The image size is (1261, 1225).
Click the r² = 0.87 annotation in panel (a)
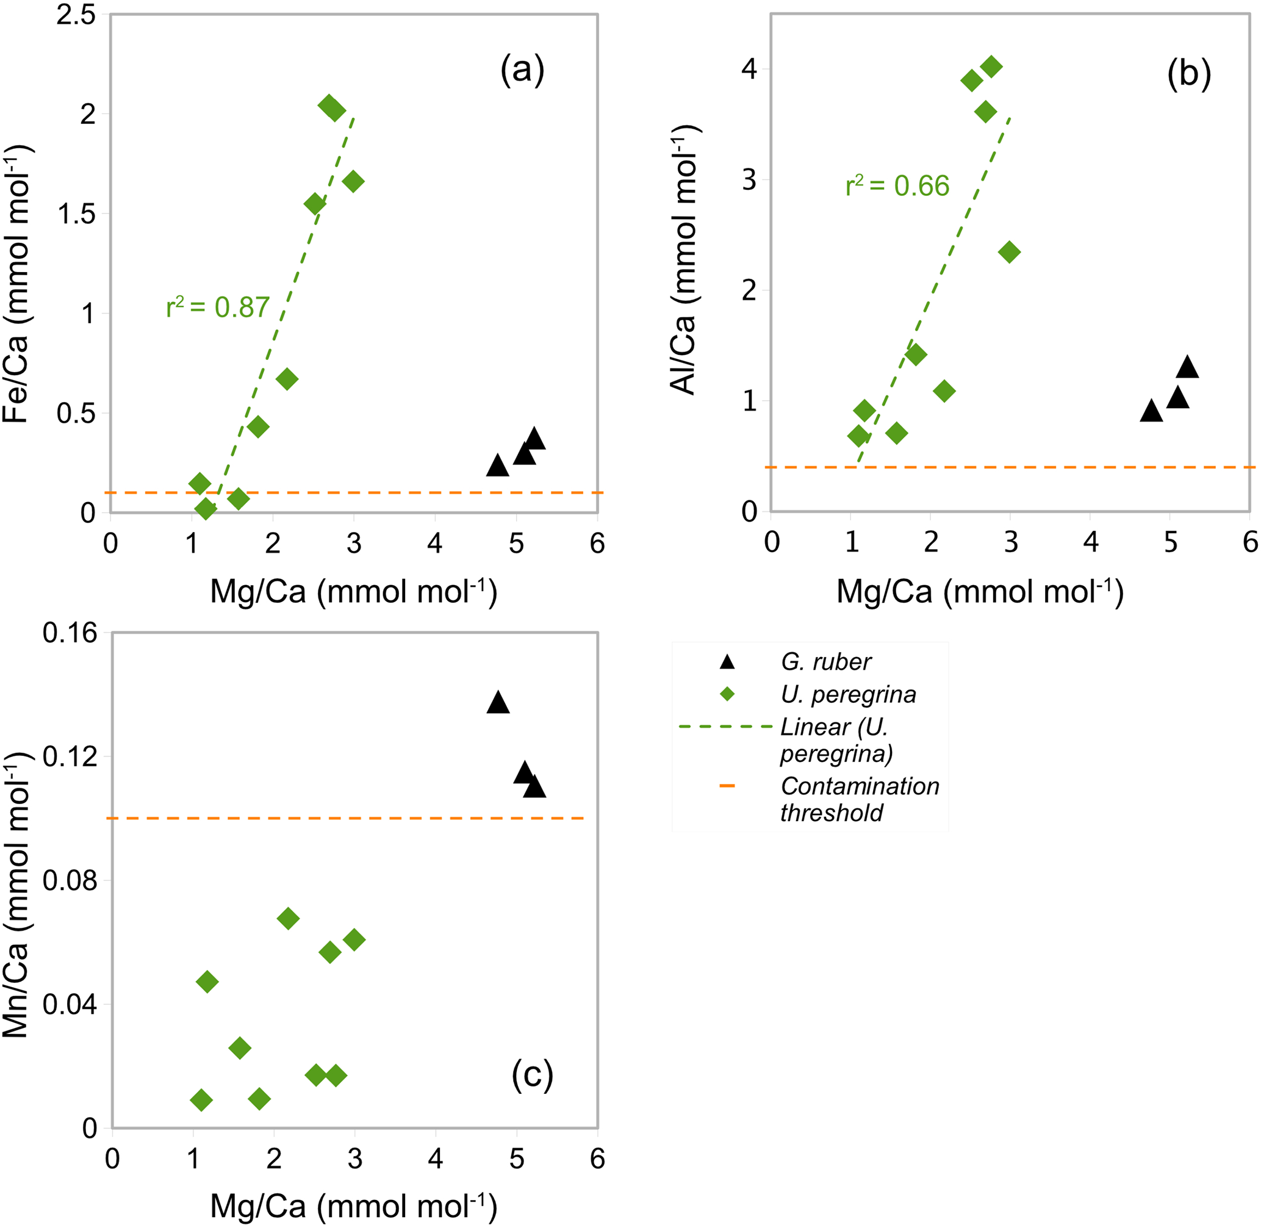(217, 307)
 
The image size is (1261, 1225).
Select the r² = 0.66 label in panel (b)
(897, 186)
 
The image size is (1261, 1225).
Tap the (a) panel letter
(522, 70)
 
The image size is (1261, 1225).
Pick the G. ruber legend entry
(825, 661)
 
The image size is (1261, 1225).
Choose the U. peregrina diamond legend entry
(848, 694)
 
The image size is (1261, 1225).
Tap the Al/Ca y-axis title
(684, 259)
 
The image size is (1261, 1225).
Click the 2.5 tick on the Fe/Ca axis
(76, 15)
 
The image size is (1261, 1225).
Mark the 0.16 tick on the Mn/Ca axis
(70, 633)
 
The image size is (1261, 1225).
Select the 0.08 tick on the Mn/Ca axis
(70, 880)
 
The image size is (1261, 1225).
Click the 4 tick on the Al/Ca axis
(749, 69)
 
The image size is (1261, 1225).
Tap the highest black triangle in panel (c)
(498, 702)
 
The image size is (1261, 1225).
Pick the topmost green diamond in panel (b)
(991, 66)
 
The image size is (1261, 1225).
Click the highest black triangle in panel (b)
(1187, 367)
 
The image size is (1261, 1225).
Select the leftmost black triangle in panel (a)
(497, 465)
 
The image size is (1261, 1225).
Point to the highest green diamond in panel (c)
(287, 918)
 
